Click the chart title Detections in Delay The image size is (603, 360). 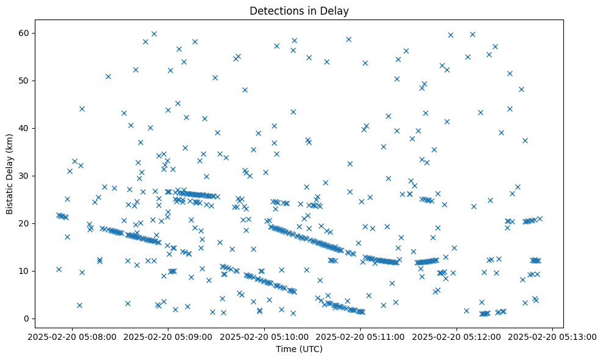click(299, 10)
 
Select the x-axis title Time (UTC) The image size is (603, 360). click(299, 349)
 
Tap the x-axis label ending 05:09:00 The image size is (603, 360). click(169, 336)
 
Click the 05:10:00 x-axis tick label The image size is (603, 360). click(265, 336)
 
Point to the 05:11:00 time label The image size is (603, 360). click(361, 336)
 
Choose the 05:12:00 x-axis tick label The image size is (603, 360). click(457, 336)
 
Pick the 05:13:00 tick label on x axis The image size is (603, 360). click(553, 336)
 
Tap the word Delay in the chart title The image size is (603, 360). click(336, 10)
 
